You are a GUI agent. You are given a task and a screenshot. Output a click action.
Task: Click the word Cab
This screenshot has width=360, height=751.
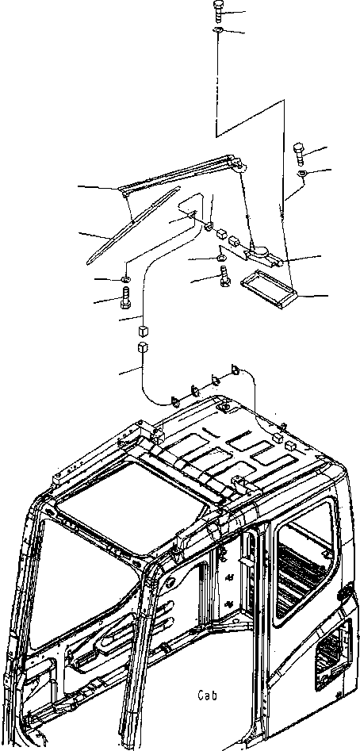(x=207, y=695)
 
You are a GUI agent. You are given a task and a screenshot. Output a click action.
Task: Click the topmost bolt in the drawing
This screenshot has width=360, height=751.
(x=217, y=10)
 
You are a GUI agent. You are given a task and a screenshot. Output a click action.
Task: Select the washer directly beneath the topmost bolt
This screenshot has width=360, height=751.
(x=216, y=31)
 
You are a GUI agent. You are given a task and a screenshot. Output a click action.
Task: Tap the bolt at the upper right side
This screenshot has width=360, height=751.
(x=300, y=153)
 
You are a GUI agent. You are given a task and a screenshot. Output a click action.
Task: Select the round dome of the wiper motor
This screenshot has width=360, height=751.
(x=261, y=251)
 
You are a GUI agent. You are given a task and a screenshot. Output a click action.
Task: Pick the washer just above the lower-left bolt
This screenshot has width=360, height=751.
(x=126, y=279)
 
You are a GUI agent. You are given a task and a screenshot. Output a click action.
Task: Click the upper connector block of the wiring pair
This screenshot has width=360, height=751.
(x=142, y=331)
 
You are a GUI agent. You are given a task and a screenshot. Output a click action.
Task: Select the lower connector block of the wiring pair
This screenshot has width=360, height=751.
(x=142, y=347)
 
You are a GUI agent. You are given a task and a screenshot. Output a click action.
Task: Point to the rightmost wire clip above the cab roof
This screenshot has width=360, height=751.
(x=235, y=370)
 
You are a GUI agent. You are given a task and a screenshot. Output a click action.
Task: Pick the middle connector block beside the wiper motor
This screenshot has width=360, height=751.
(x=221, y=234)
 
